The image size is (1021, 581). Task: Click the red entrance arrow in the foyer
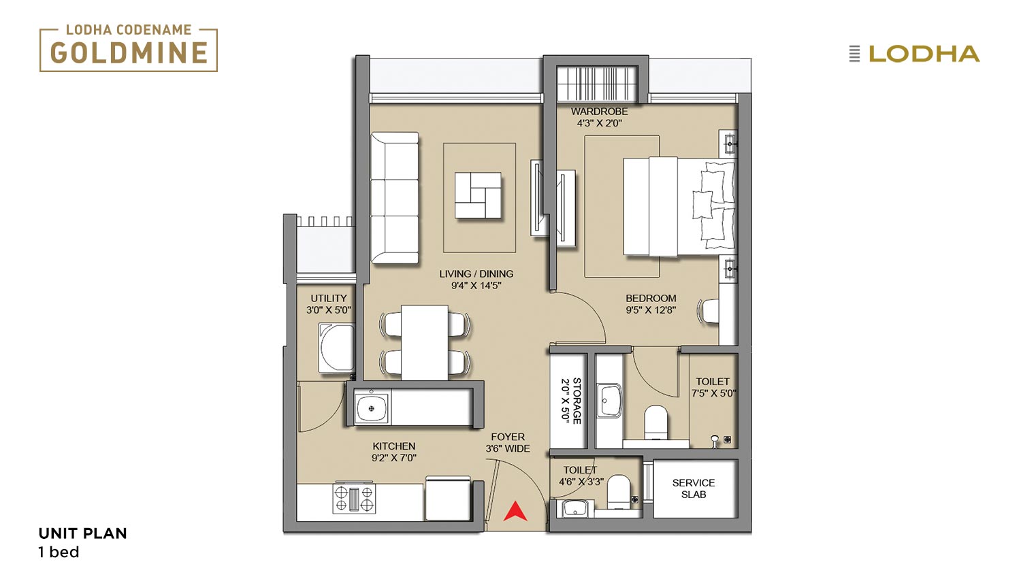[515, 512]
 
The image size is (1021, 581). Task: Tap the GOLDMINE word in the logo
[129, 53]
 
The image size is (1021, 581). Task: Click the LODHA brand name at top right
[924, 54]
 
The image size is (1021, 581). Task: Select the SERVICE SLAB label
[694, 488]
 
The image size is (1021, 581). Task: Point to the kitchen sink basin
[372, 408]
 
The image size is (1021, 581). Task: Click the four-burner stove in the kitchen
[354, 498]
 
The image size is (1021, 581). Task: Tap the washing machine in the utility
[336, 348]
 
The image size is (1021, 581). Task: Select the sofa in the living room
[395, 198]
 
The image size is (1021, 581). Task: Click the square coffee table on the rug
[478, 195]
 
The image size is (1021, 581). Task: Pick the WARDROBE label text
[599, 111]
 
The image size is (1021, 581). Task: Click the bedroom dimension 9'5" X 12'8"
[651, 310]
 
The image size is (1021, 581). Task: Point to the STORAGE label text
[577, 401]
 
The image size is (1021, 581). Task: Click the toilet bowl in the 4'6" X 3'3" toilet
[619, 491]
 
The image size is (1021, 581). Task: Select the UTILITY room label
[329, 298]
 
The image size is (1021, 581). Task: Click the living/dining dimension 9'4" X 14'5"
[476, 286]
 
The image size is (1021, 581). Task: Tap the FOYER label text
[508, 437]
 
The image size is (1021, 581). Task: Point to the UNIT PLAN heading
[82, 533]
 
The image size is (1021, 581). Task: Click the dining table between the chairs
[424, 343]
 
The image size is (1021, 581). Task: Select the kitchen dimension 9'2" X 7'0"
[394, 457]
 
